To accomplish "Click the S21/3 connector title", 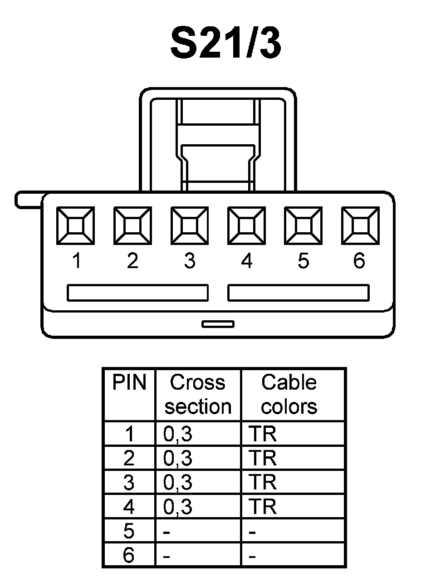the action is [225, 44].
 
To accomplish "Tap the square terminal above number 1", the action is [75, 225].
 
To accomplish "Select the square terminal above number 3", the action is [190, 225].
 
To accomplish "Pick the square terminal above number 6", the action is [360, 225].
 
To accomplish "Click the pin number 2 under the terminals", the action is [132, 261].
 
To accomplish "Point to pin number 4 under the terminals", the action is [246, 261].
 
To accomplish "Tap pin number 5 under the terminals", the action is [303, 261].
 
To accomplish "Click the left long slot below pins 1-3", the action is [137, 293].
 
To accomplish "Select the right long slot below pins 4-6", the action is [298, 293].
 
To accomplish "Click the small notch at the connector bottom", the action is [218, 324].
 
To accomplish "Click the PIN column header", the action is [129, 383].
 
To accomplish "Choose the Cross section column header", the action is [198, 395].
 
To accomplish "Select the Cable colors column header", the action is [289, 395].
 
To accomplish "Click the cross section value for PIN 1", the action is [178, 435].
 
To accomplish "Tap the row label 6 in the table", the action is [129, 555].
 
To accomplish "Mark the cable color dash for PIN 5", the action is [253, 532].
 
